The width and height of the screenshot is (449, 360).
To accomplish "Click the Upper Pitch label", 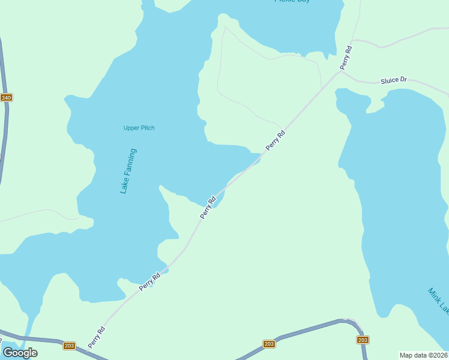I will point(139,128).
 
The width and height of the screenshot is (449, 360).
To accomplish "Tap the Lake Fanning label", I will point(128,171).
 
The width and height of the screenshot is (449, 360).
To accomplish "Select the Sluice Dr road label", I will point(394,80).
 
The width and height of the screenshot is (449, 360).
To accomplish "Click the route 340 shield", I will point(6,98).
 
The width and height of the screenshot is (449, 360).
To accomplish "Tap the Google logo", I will point(20,352).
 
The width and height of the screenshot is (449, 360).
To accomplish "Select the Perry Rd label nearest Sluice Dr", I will point(346,57).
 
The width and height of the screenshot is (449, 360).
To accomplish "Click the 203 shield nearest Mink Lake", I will point(363,340).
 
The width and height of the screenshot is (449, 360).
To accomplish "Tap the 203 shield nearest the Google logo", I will point(69,346).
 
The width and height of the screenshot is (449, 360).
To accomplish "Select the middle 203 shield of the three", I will point(269,344).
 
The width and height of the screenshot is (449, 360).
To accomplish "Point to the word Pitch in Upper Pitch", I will point(148,128).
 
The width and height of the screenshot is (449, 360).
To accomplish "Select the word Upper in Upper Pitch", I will point(131,128).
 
